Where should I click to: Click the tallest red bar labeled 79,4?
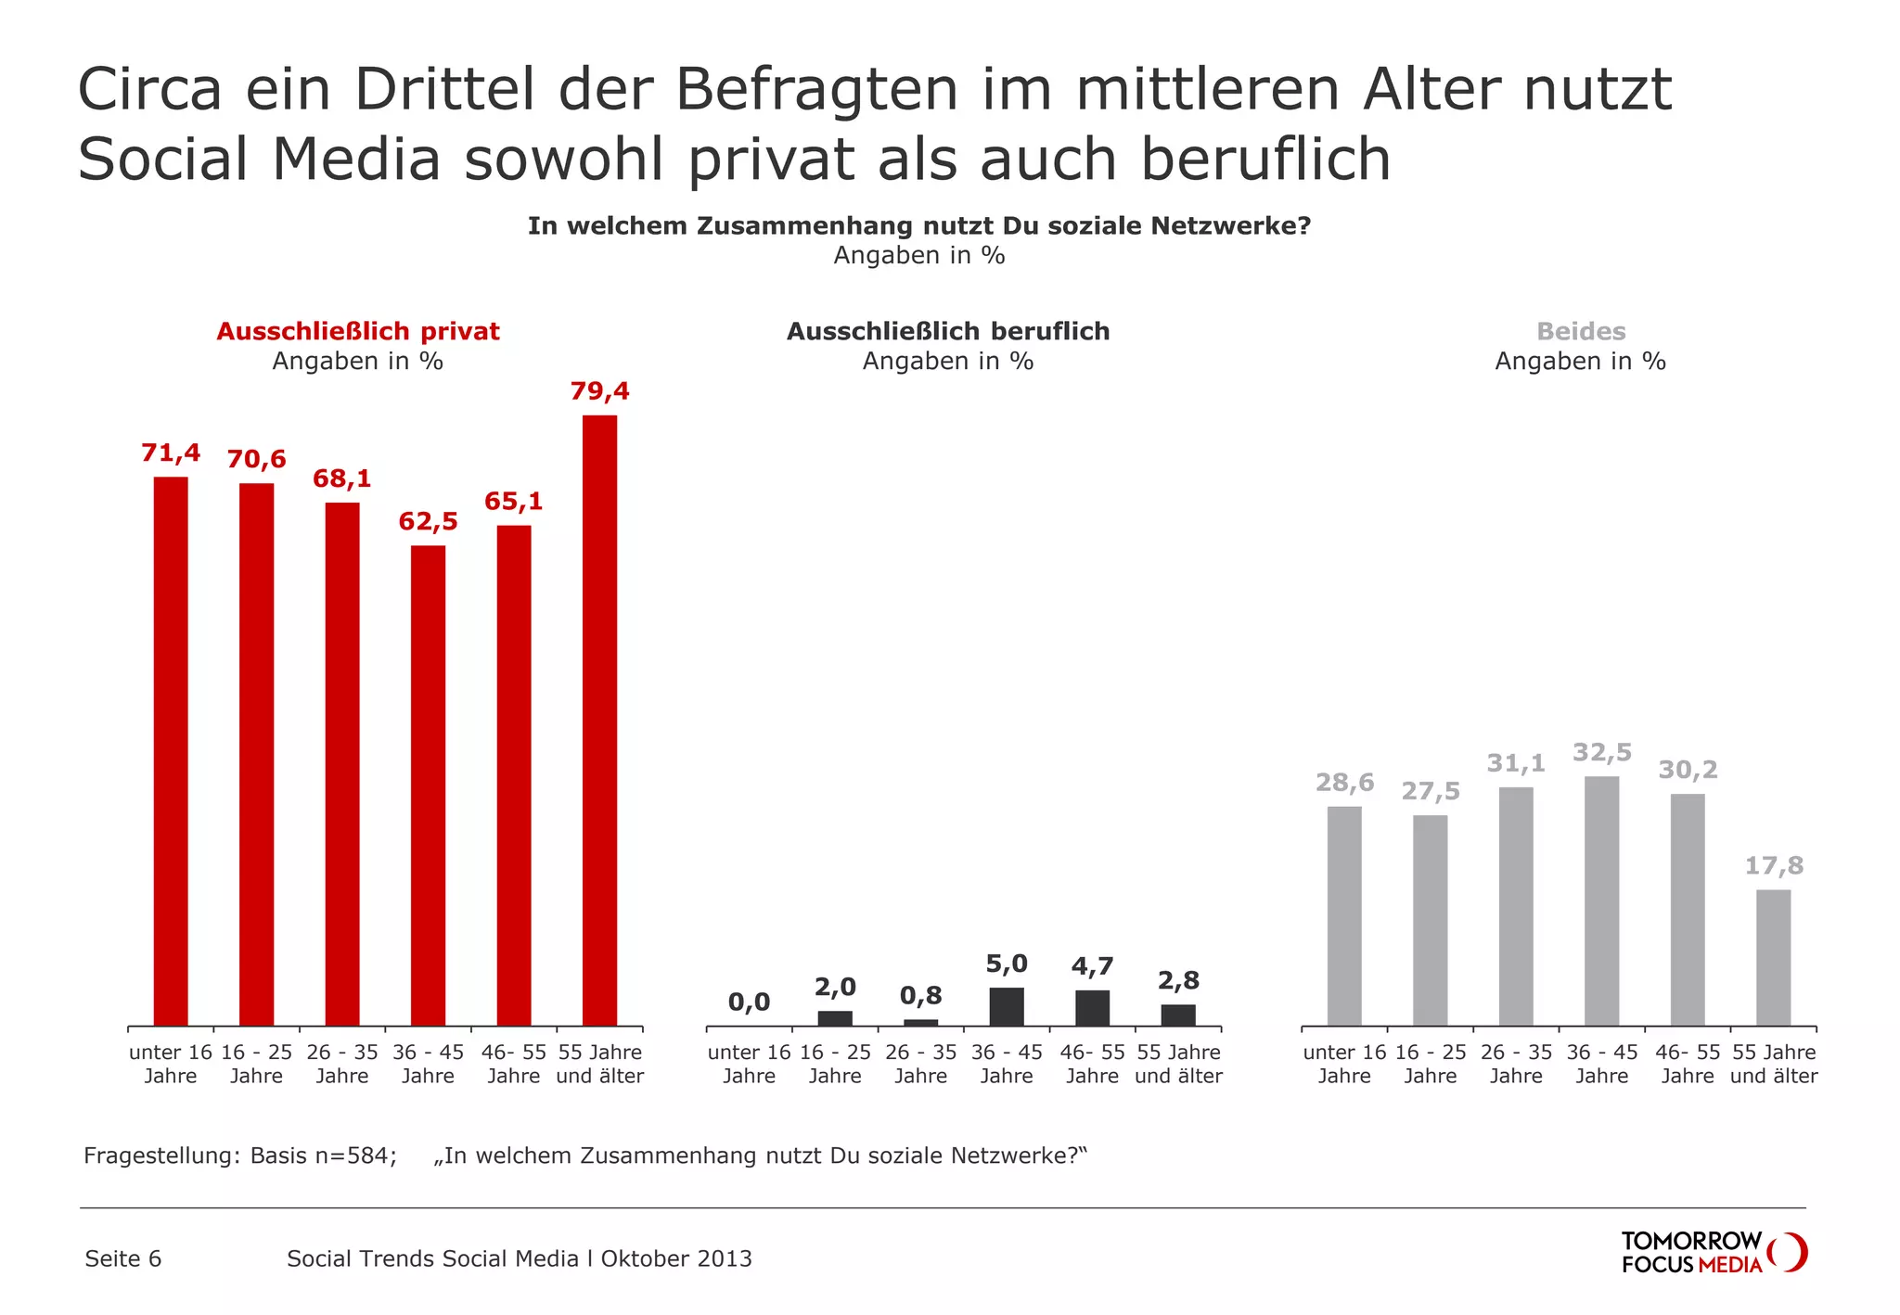point(599,720)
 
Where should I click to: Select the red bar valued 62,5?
point(428,785)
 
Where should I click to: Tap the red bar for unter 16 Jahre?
point(171,751)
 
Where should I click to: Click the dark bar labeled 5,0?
point(1007,1006)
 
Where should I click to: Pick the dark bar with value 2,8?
point(1178,1015)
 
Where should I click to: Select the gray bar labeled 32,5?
point(1601,900)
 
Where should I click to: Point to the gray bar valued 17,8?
point(1773,957)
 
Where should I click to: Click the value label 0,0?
point(749,1002)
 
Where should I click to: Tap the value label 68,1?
point(341,479)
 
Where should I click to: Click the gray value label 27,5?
point(1430,791)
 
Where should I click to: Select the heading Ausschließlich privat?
point(357,331)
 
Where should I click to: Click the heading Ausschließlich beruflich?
point(947,331)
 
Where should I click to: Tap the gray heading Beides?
point(1580,331)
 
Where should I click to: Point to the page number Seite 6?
point(122,1258)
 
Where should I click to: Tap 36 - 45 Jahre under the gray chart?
point(1601,1064)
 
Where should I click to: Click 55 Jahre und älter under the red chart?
point(599,1064)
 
